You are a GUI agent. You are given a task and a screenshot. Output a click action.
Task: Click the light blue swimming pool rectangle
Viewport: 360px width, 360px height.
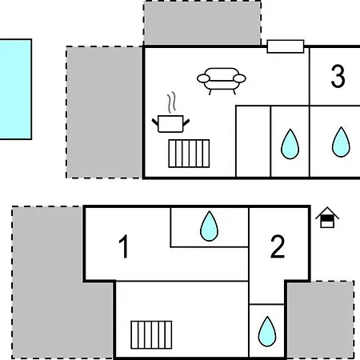[15, 89]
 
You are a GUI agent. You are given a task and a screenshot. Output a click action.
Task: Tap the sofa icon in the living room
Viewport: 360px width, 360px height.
[222, 81]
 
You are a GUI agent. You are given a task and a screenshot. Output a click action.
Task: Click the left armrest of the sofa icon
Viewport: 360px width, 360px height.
[204, 78]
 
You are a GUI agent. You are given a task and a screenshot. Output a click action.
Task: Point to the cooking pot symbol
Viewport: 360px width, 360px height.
[170, 123]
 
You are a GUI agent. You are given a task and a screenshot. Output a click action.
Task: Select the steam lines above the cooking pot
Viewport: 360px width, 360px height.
[172, 102]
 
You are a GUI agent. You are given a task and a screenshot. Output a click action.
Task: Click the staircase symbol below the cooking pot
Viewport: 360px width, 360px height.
[189, 154]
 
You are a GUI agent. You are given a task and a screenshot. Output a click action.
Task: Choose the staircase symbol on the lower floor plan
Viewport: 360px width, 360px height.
[151, 335]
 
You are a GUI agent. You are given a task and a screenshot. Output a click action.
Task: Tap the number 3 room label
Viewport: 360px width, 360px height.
[338, 76]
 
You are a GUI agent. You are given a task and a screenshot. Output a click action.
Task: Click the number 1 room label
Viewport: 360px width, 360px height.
[124, 246]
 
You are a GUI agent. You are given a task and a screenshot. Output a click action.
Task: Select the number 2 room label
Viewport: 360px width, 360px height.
[278, 246]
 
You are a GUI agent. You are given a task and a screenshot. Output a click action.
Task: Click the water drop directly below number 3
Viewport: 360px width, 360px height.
[341, 142]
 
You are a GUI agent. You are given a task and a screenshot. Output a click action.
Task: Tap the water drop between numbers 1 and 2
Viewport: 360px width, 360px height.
[209, 226]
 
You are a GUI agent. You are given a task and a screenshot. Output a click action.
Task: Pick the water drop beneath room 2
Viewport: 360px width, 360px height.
[267, 331]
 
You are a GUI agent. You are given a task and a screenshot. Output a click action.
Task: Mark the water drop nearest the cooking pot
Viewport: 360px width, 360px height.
[290, 144]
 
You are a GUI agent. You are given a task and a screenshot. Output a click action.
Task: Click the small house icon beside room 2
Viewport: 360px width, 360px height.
[327, 218]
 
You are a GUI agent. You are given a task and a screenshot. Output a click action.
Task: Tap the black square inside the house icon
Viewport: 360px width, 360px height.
[327, 218]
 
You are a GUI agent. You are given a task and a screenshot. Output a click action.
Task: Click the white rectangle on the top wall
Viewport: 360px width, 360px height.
[286, 46]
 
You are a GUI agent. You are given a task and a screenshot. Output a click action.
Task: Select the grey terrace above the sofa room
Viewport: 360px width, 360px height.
[202, 23]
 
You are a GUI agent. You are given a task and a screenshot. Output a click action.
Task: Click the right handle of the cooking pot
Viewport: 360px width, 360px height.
[186, 122]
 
